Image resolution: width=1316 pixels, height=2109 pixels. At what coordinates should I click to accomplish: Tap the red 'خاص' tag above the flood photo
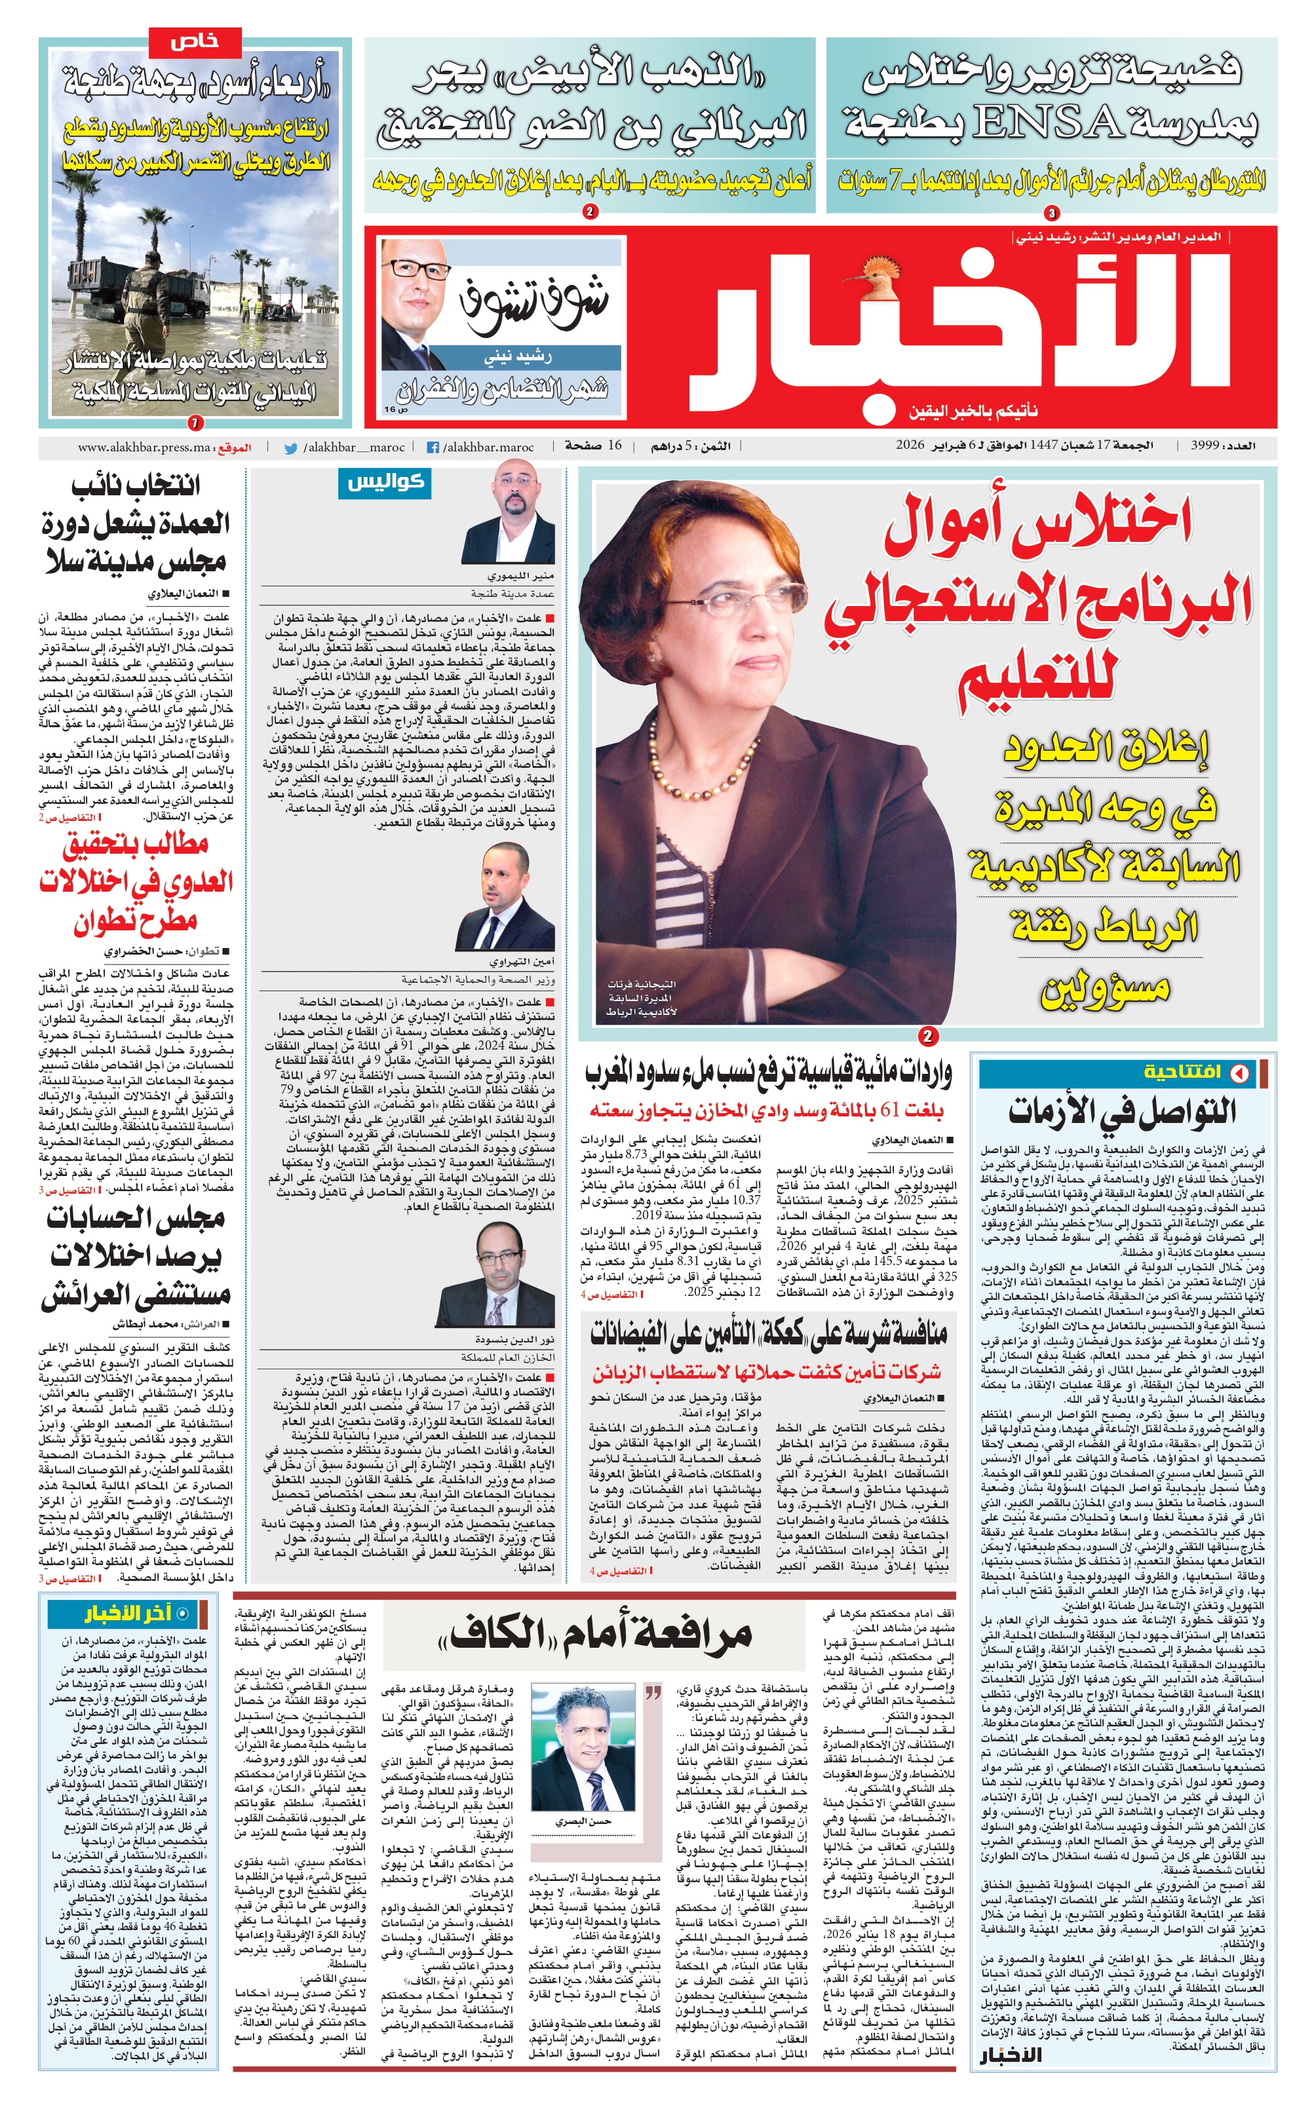tap(195, 43)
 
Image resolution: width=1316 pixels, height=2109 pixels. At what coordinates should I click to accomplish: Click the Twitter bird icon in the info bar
tap(291, 448)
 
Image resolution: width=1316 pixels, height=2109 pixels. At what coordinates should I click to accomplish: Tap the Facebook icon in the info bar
tap(433, 448)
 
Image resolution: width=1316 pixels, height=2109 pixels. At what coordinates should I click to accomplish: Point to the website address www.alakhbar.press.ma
tap(144, 448)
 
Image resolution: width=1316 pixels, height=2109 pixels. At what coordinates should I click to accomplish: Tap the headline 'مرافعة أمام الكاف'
tap(596, 1634)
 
